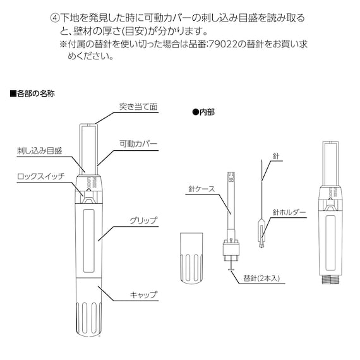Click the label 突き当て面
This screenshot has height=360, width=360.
coord(138,107)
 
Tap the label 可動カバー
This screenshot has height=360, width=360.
coord(138,144)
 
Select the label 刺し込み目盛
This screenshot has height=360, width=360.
coord(40,151)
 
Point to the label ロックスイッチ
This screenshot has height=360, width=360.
coord(41,177)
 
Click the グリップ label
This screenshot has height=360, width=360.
coord(144,220)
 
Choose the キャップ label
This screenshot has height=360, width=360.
coord(144,294)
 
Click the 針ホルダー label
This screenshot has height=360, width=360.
coord(289,212)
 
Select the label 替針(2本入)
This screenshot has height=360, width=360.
coord(261,279)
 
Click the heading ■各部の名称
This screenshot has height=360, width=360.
coord(32,93)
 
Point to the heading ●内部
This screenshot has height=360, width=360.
coord(203,112)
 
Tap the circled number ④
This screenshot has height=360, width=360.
coord(55,18)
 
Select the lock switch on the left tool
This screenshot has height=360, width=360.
coord(89,196)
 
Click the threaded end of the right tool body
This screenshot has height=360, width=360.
coord(330,279)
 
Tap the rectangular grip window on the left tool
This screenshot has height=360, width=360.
coord(89,241)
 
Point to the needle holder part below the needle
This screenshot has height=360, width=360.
coord(261,233)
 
